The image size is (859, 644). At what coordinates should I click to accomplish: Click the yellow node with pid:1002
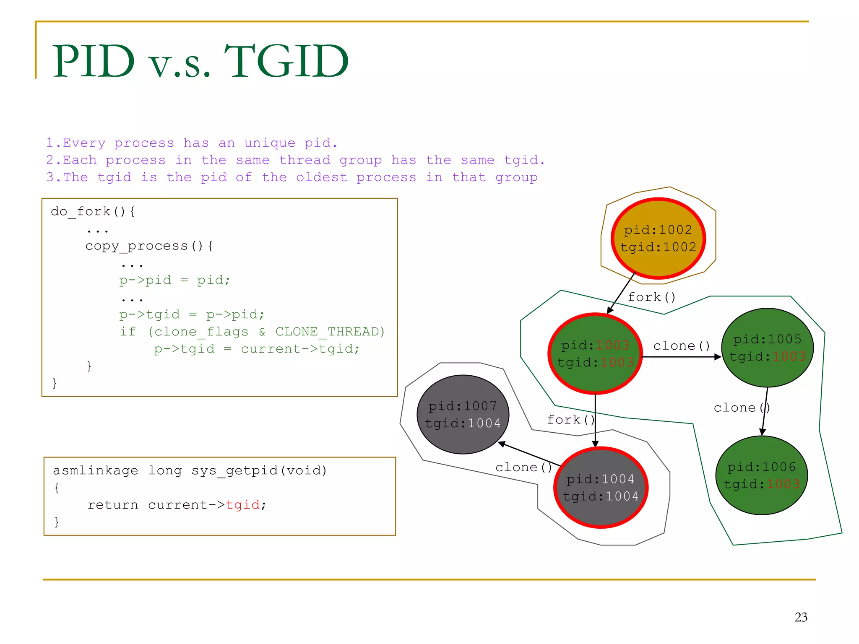[658, 238]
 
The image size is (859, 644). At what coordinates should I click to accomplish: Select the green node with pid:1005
[767, 348]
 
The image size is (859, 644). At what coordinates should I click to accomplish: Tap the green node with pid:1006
[761, 475]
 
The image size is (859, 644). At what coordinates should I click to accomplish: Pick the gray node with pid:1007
[463, 414]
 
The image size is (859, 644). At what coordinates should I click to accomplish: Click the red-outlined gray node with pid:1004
[601, 487]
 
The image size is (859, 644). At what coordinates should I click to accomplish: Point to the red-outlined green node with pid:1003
[595, 353]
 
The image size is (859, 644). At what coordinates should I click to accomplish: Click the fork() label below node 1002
[651, 297]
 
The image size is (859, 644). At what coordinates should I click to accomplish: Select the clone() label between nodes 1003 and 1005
[681, 346]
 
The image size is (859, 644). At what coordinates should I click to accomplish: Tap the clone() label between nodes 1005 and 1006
[741, 408]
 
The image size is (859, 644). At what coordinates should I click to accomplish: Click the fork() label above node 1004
[570, 420]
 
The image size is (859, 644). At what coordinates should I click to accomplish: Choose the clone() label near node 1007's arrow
[523, 467]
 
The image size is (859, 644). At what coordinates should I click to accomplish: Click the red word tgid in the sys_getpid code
[243, 505]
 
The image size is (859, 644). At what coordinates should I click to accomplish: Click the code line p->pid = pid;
[174, 280]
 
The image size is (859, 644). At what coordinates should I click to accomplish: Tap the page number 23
[801, 617]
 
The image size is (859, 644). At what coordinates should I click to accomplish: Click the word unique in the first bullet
[270, 143]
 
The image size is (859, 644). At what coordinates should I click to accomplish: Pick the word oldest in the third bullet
[322, 177]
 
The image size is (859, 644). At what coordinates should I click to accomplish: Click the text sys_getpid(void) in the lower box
[259, 470]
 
